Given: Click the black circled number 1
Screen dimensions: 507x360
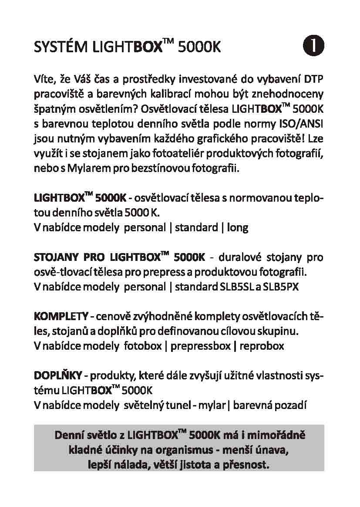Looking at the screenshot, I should coord(313,46).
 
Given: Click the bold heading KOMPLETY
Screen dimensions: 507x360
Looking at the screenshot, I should coord(61,316).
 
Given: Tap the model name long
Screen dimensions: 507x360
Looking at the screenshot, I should coord(238,227).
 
